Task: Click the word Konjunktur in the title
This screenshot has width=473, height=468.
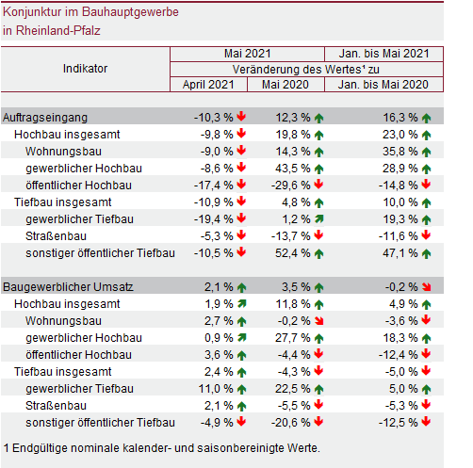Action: point(32,12)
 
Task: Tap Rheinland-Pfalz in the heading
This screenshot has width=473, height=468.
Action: point(58,31)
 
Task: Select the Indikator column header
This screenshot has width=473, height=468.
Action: point(85,69)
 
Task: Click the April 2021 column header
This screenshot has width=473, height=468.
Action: point(208,85)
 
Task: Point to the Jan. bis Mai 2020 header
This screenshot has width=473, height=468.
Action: point(383,85)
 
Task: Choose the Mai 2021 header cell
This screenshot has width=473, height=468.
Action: point(248,54)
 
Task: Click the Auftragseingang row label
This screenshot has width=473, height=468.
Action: point(45,118)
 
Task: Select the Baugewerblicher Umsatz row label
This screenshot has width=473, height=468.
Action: point(68,287)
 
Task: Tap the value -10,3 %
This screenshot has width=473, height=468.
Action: point(214,118)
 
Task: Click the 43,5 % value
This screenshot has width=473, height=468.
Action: point(293,169)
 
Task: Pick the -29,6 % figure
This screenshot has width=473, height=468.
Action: point(291,186)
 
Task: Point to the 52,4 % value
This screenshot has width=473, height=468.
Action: point(293,253)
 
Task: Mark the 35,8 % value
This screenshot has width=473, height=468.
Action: point(400,152)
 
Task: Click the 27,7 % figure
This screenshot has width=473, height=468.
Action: point(293,338)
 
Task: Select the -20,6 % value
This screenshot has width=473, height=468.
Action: point(291,423)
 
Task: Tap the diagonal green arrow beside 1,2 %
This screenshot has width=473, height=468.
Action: point(319,218)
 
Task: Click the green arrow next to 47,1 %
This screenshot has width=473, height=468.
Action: point(426,253)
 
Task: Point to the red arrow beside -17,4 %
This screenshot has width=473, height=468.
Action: point(241,185)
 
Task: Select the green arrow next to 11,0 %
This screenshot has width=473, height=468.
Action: point(241,389)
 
